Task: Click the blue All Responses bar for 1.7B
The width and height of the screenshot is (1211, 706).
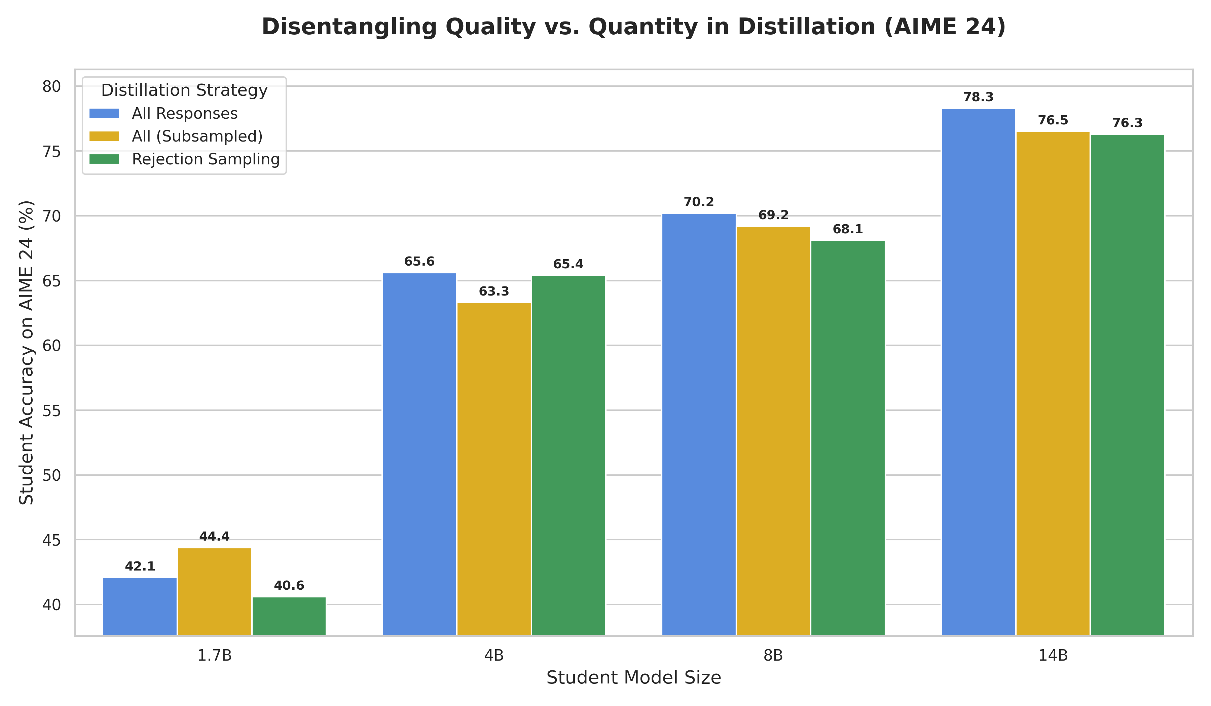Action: pyautogui.click(x=140, y=606)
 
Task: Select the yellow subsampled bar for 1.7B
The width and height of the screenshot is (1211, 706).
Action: pyautogui.click(x=214, y=592)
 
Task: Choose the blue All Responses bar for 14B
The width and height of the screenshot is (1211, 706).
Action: pyautogui.click(x=979, y=372)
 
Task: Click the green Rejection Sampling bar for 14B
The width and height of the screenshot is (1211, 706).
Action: pyautogui.click(x=1127, y=385)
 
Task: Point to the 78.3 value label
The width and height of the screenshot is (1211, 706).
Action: pyautogui.click(x=979, y=97)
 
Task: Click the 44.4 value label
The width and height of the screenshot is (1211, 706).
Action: pyautogui.click(x=214, y=537)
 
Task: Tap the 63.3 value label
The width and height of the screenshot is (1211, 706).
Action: pyautogui.click(x=494, y=291)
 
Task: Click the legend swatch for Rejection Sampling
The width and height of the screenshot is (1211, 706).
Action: pyautogui.click(x=104, y=159)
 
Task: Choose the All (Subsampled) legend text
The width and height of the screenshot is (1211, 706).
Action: pyautogui.click(x=197, y=136)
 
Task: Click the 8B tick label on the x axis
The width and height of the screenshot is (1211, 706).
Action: pyautogui.click(x=773, y=655)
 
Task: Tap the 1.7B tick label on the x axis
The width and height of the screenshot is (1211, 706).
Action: pyautogui.click(x=214, y=655)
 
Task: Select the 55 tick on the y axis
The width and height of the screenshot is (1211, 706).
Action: pyautogui.click(x=52, y=410)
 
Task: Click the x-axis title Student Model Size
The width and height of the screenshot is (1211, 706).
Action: pyautogui.click(x=634, y=678)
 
